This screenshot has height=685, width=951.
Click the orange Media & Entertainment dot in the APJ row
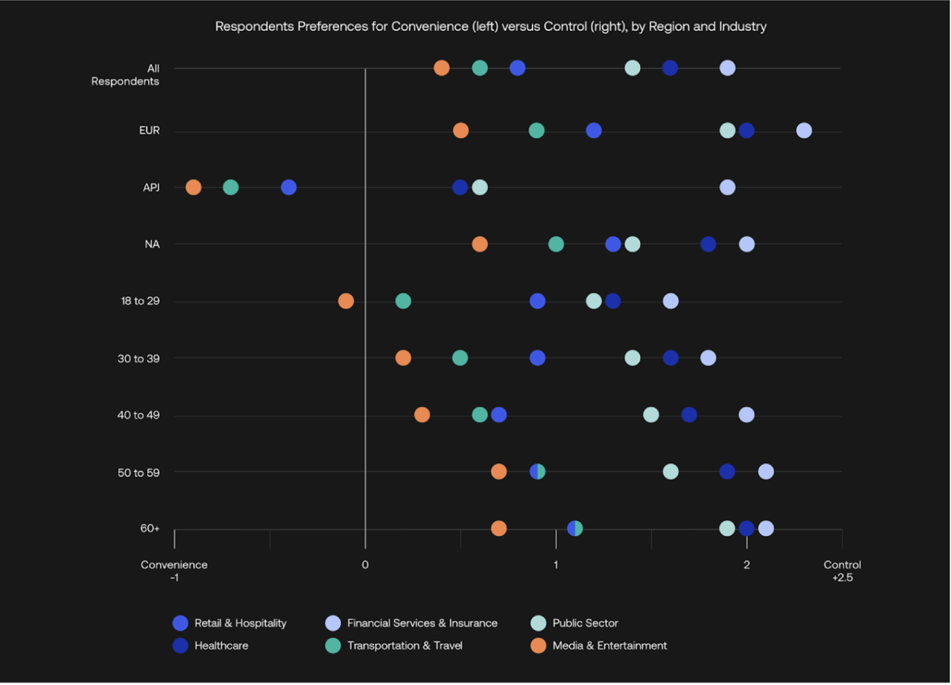pyautogui.click(x=193, y=187)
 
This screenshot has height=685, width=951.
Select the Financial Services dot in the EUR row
pyautogui.click(x=804, y=130)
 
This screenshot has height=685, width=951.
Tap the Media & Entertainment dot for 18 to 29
pyautogui.click(x=346, y=301)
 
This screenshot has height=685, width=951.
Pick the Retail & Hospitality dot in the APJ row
pyautogui.click(x=288, y=187)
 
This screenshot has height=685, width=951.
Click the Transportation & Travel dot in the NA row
pyautogui.click(x=556, y=244)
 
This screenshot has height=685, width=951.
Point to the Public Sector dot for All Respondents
pyautogui.click(x=632, y=68)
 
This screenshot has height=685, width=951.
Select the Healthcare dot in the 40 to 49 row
pyautogui.click(x=689, y=415)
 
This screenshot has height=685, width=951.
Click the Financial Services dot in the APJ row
pyautogui.click(x=727, y=187)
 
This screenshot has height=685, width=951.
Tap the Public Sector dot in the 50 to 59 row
pyautogui.click(x=670, y=471)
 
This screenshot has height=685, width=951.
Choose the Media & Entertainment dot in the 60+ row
pyautogui.click(x=499, y=528)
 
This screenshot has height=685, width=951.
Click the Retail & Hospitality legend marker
pyautogui.click(x=180, y=623)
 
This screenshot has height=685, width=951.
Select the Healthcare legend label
pyautogui.click(x=221, y=646)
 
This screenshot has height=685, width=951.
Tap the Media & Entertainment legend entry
pyautogui.click(x=609, y=646)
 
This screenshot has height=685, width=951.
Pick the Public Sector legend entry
pyautogui.click(x=584, y=623)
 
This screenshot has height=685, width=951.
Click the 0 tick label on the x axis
pyautogui.click(x=365, y=565)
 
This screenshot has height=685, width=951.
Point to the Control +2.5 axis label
pyautogui.click(x=842, y=571)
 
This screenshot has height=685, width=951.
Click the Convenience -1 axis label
pyautogui.click(x=174, y=571)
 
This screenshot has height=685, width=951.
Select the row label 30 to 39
pyautogui.click(x=138, y=358)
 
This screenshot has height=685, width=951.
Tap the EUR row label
pyautogui.click(x=149, y=130)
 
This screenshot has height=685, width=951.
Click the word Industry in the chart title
pyautogui.click(x=742, y=27)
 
